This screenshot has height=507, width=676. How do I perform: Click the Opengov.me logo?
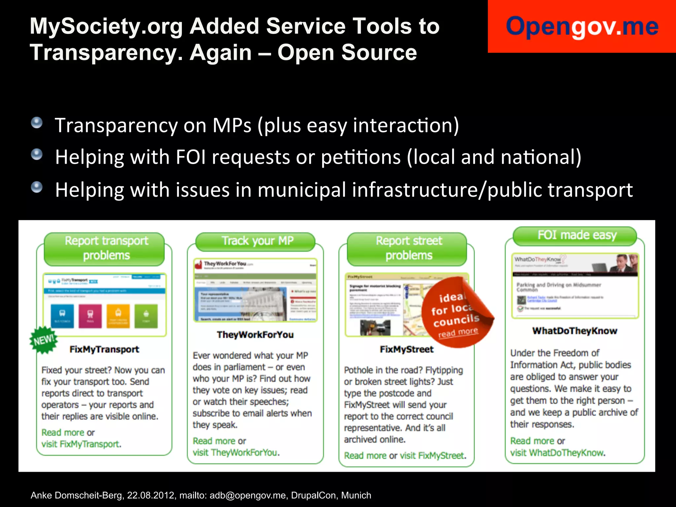pyautogui.click(x=582, y=26)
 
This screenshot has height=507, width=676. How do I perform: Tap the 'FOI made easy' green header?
pyautogui.click(x=576, y=236)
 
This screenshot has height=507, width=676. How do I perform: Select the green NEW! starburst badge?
pyautogui.click(x=43, y=340)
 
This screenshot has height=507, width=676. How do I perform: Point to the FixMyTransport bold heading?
pyautogui.click(x=104, y=349)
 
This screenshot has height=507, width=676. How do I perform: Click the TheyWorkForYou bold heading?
pyautogui.click(x=255, y=335)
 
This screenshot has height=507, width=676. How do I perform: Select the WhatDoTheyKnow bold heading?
pyautogui.click(x=575, y=331)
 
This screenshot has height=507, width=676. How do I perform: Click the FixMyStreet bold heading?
pyautogui.click(x=407, y=349)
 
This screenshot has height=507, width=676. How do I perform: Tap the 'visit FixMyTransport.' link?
pyautogui.click(x=81, y=444)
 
